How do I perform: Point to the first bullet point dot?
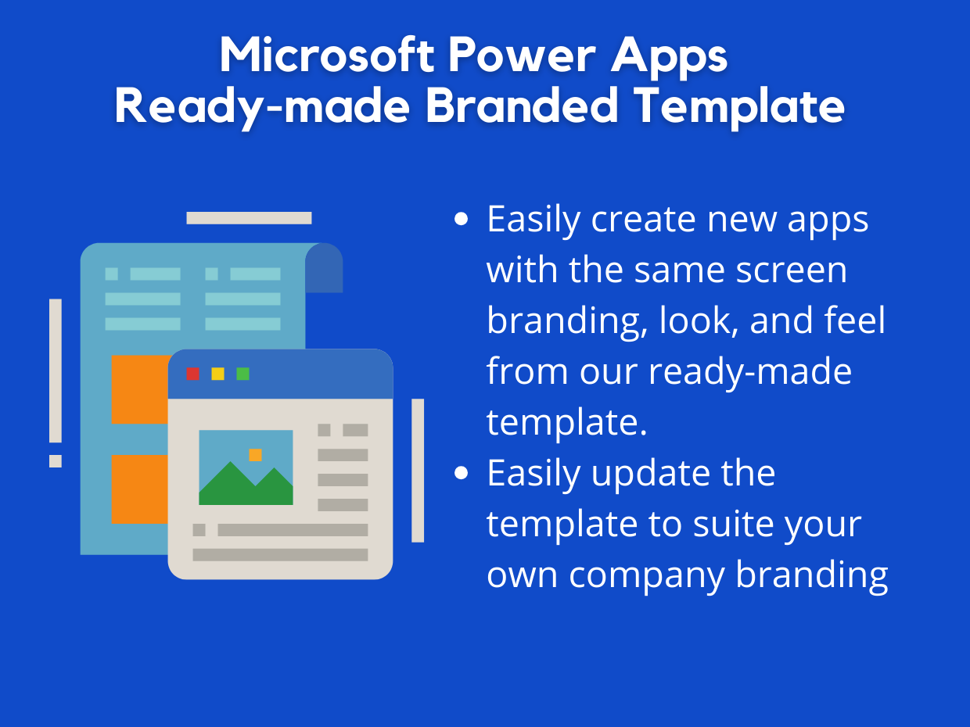click(x=462, y=220)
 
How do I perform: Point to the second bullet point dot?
click(x=462, y=473)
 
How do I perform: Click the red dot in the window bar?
click(x=193, y=374)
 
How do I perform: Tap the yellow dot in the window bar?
click(x=218, y=374)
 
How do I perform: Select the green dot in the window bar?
click(x=243, y=374)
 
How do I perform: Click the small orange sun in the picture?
click(x=255, y=455)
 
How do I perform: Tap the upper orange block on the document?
click(x=139, y=389)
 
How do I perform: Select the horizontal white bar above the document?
click(x=249, y=218)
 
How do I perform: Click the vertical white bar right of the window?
click(x=418, y=470)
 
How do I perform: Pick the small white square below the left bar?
click(x=56, y=461)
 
